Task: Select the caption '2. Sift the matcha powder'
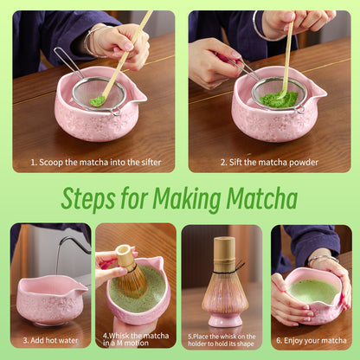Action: tap(269, 162)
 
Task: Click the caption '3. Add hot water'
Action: tap(50, 341)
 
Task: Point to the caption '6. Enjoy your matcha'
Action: tap(311, 341)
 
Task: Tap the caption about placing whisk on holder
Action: tap(222, 341)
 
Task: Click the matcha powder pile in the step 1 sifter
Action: tap(98, 100)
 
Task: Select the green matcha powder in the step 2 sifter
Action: tap(278, 98)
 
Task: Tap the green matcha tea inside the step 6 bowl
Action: tap(313, 289)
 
